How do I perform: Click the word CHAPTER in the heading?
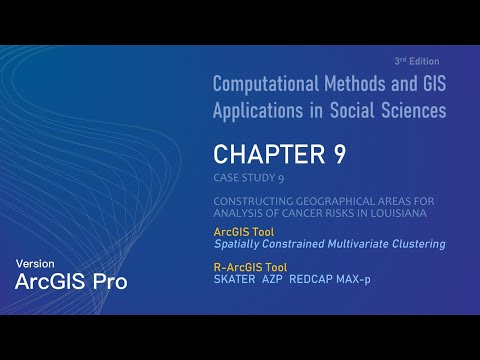coord(260,155)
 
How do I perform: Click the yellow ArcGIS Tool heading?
coord(245,231)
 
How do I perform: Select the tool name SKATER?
coord(235,279)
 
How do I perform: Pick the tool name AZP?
coord(272,279)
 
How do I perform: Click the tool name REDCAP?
coord(310,279)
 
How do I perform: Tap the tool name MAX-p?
coord(353,279)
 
